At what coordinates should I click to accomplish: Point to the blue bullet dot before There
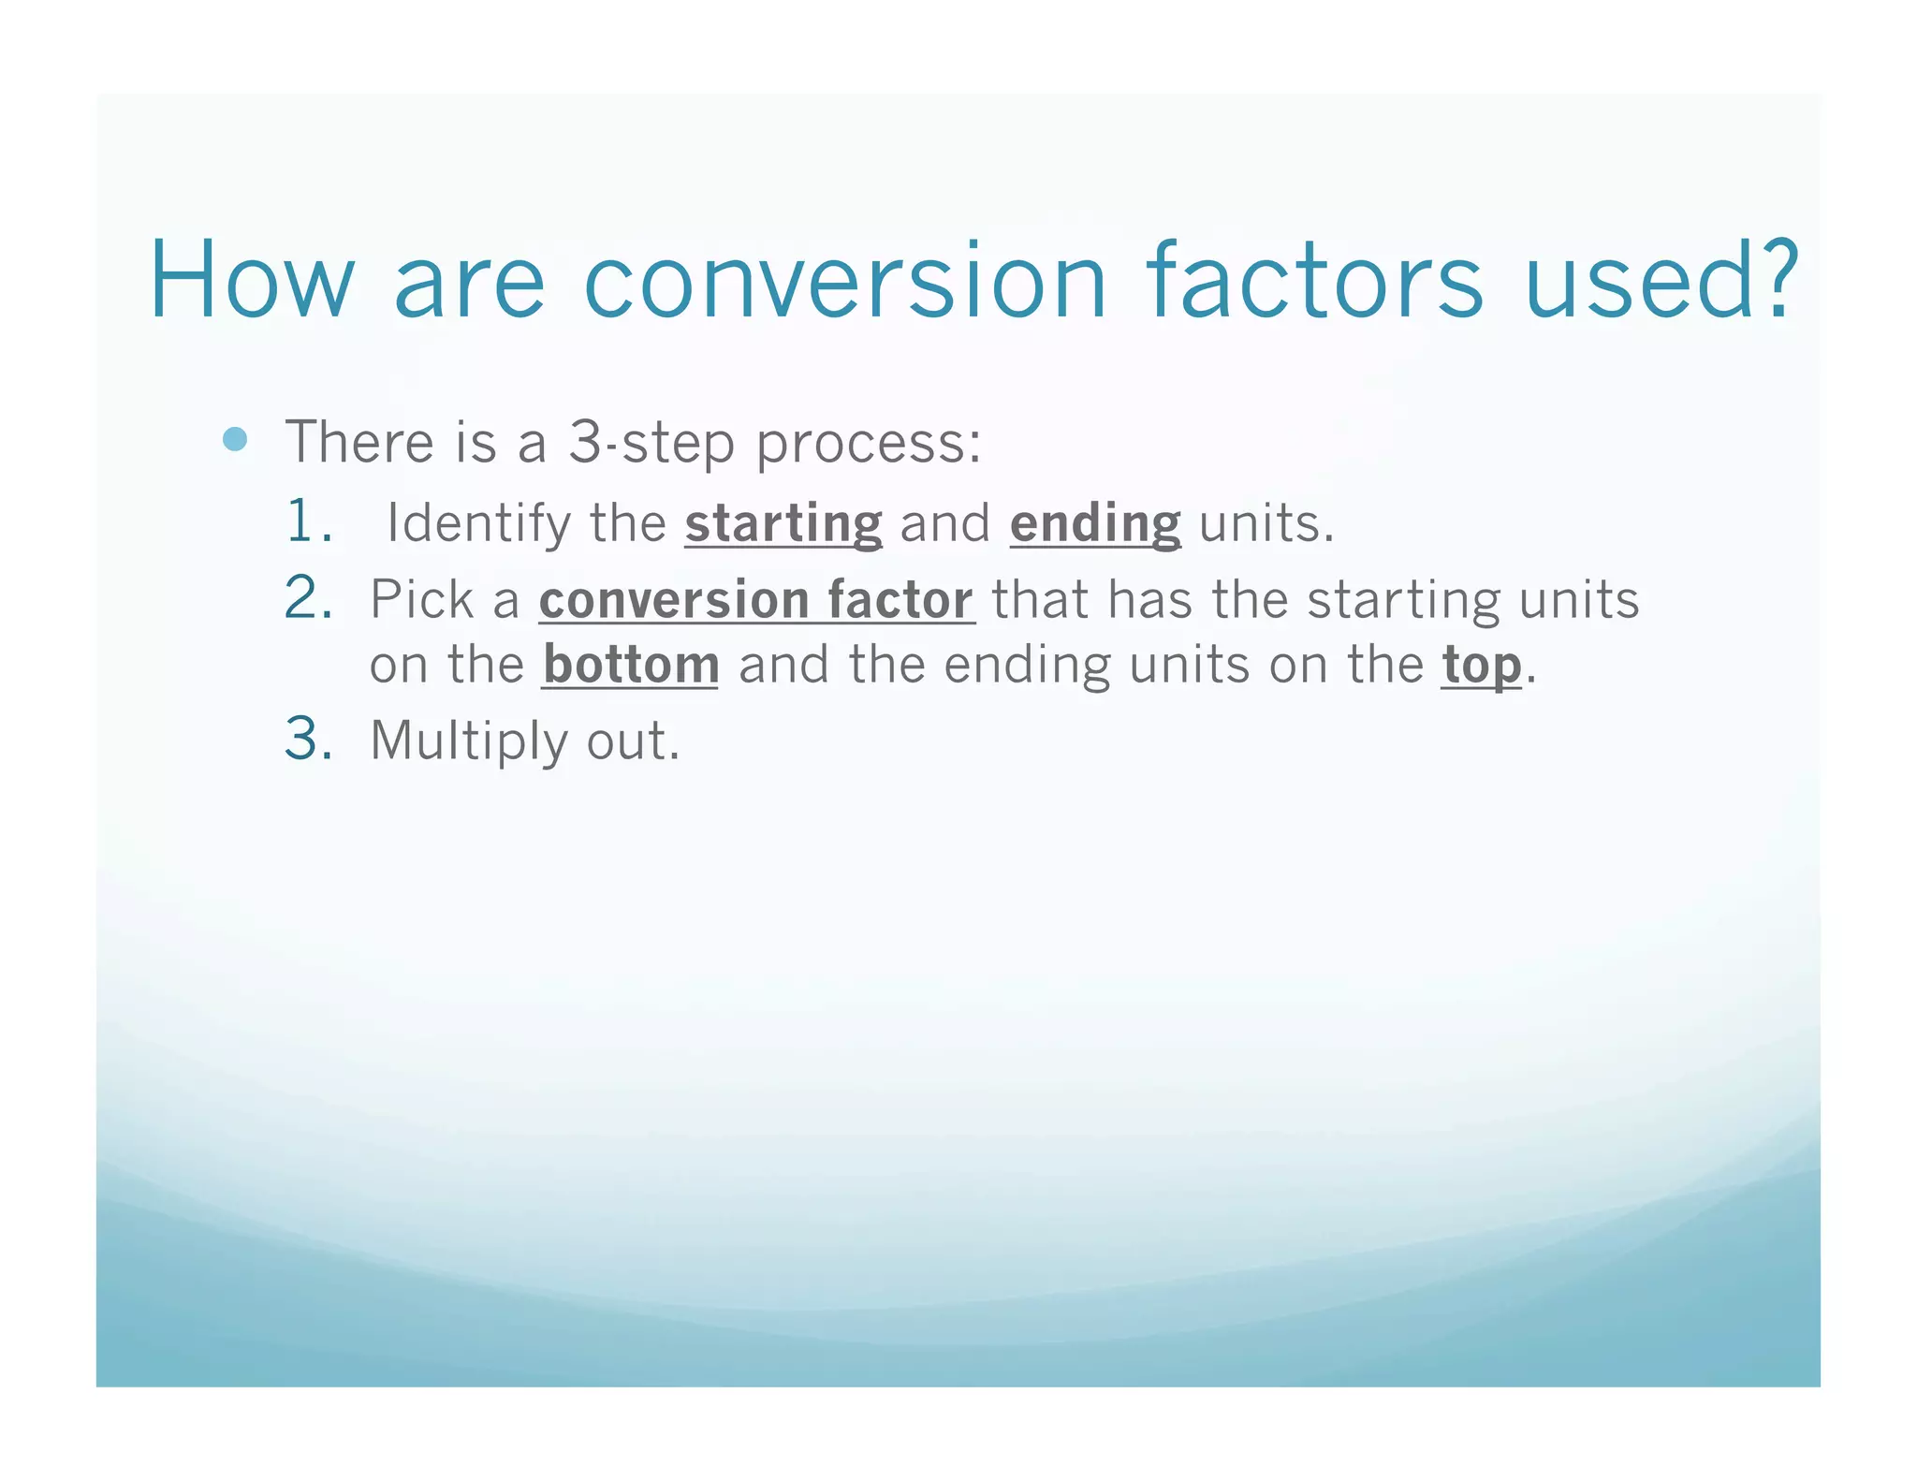coord(236,439)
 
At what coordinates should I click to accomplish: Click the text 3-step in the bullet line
coord(651,443)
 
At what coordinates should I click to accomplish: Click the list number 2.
coord(309,598)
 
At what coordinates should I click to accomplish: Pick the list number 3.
coord(309,740)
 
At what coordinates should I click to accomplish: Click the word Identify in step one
coord(478,524)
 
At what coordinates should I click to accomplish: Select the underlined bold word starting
coord(783,524)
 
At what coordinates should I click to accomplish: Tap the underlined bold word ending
coord(1095,524)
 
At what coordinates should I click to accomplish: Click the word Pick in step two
coord(421,599)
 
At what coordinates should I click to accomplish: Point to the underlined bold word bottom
coord(631,666)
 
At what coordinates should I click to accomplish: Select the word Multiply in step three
coord(468,742)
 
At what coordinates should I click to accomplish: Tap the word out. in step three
coord(633,741)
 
